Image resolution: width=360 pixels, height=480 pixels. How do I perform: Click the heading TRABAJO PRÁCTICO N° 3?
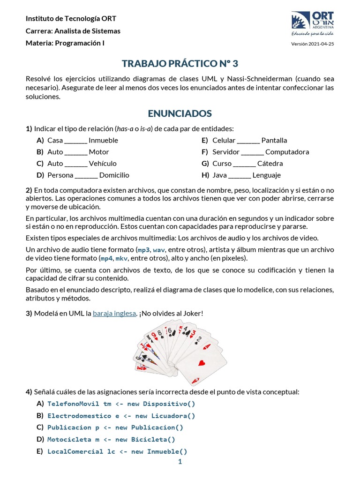[x=180, y=63]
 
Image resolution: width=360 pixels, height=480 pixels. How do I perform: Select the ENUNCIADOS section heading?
[x=180, y=113]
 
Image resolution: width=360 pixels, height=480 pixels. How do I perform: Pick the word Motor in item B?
[x=99, y=152]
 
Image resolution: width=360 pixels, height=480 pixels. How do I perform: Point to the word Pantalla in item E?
[x=274, y=141]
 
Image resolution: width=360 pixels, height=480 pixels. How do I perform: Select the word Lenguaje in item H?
[x=266, y=175]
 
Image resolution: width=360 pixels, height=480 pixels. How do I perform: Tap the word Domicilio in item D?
[x=114, y=175]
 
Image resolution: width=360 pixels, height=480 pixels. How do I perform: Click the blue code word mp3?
[x=143, y=250]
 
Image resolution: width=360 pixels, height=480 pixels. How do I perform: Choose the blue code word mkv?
[x=122, y=258]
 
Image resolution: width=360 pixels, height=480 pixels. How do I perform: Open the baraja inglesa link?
[x=114, y=313]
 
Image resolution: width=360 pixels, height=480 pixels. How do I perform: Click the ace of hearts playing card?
[x=202, y=363]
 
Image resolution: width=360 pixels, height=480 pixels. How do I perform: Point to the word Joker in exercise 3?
[x=192, y=313]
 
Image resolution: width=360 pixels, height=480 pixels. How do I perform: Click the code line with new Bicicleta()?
[x=111, y=440]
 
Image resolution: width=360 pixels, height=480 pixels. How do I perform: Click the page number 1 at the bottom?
[x=180, y=462]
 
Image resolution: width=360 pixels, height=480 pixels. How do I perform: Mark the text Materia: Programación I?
[x=65, y=43]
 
